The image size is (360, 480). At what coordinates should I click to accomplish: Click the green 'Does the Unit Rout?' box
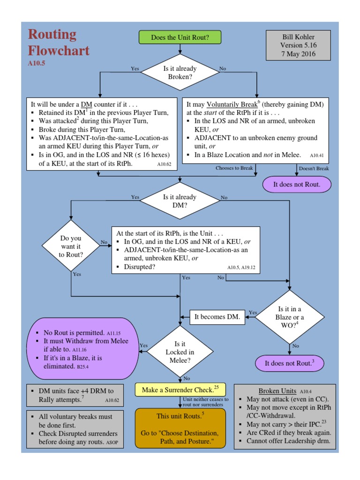(180, 37)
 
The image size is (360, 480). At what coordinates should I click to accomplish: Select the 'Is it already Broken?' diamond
(180, 72)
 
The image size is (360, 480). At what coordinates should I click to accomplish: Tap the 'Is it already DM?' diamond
(180, 201)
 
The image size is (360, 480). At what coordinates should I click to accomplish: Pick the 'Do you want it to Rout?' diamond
(71, 246)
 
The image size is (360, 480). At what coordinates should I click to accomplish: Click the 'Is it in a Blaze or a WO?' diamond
(290, 316)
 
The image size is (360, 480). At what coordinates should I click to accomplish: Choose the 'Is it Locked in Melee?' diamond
(180, 352)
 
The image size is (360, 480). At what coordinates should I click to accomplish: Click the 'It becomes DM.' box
(217, 317)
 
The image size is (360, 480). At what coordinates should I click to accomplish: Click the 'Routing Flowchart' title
(59, 42)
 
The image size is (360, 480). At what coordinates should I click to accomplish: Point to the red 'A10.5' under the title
(37, 62)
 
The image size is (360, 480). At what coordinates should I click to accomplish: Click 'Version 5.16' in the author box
(299, 45)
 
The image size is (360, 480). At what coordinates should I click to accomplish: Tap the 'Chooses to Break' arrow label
(234, 168)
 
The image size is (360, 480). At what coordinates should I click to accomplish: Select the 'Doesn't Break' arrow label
(314, 168)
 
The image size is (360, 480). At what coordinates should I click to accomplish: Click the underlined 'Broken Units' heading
(277, 391)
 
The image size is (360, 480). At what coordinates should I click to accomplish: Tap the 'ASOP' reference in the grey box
(112, 442)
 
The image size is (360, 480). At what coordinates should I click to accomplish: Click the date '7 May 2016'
(299, 54)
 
